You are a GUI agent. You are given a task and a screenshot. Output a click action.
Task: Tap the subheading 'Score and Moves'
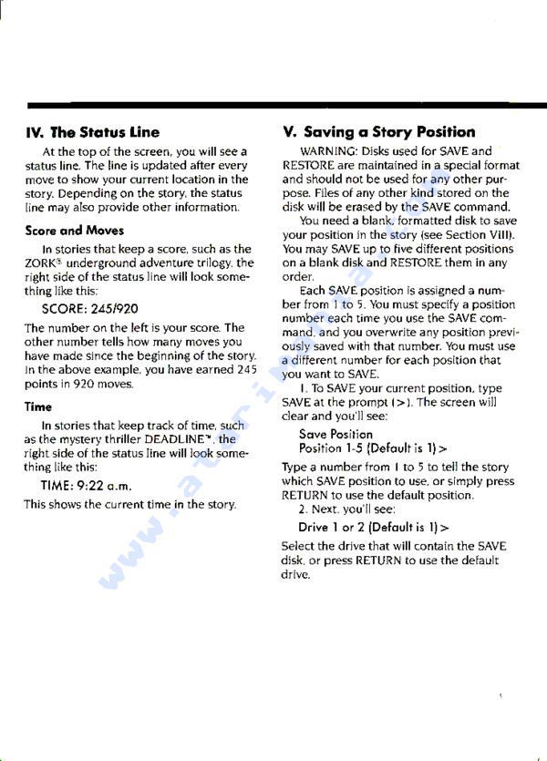point(75,231)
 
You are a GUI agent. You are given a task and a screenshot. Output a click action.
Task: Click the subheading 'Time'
point(38,407)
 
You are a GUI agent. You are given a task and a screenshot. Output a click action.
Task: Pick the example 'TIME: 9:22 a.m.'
point(87,486)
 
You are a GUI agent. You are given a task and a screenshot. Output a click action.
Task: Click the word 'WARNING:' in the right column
point(328,150)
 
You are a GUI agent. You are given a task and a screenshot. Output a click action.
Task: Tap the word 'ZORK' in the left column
point(42,262)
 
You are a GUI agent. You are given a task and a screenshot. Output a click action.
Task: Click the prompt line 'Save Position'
point(335,435)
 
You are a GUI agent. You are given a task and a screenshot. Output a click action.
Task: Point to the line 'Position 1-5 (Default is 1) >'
point(373,449)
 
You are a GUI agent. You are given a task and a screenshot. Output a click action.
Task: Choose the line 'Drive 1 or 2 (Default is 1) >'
point(373,528)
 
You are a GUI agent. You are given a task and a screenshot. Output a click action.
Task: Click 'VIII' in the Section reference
point(501,234)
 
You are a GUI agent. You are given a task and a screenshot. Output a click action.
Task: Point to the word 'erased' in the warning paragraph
point(339,206)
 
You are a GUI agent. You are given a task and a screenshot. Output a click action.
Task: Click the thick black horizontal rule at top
point(273,107)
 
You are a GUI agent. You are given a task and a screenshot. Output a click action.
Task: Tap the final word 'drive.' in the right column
point(296,575)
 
